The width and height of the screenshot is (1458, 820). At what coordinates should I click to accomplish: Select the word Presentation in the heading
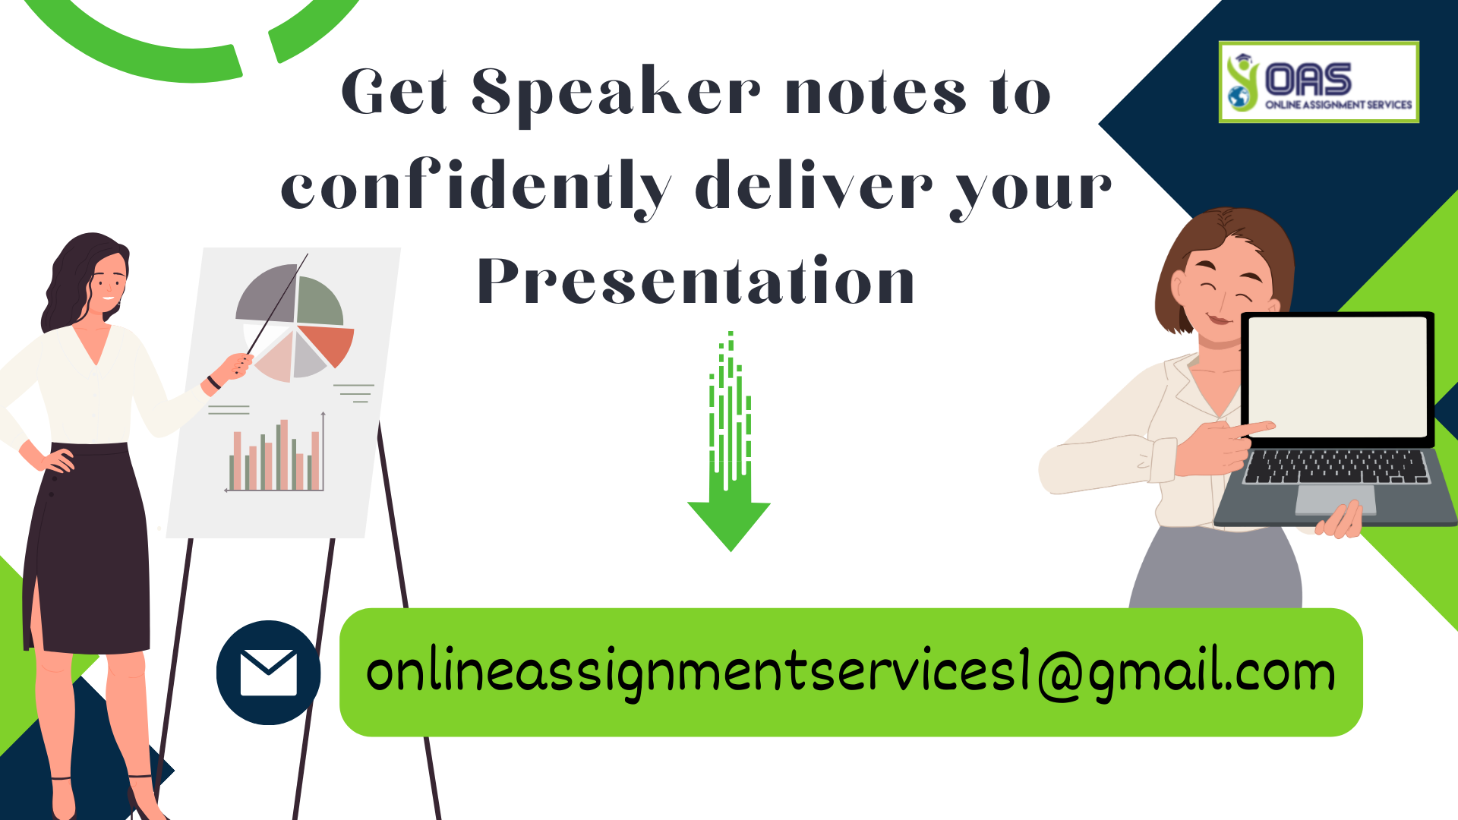pos(696,281)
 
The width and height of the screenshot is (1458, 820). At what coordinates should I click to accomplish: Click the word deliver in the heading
pos(813,186)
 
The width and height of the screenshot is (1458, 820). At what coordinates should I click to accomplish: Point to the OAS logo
pos(1318,82)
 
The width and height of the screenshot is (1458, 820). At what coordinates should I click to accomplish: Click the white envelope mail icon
pos(268,673)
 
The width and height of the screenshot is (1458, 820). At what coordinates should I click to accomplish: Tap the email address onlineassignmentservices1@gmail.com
pos(850,673)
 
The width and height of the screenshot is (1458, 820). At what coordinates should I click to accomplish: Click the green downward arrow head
pos(729,524)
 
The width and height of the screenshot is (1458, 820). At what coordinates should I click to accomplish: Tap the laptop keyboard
pos(1336,465)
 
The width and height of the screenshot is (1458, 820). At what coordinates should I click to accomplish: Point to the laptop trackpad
pos(1334,499)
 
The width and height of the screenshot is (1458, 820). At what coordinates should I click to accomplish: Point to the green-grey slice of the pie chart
pos(319,302)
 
